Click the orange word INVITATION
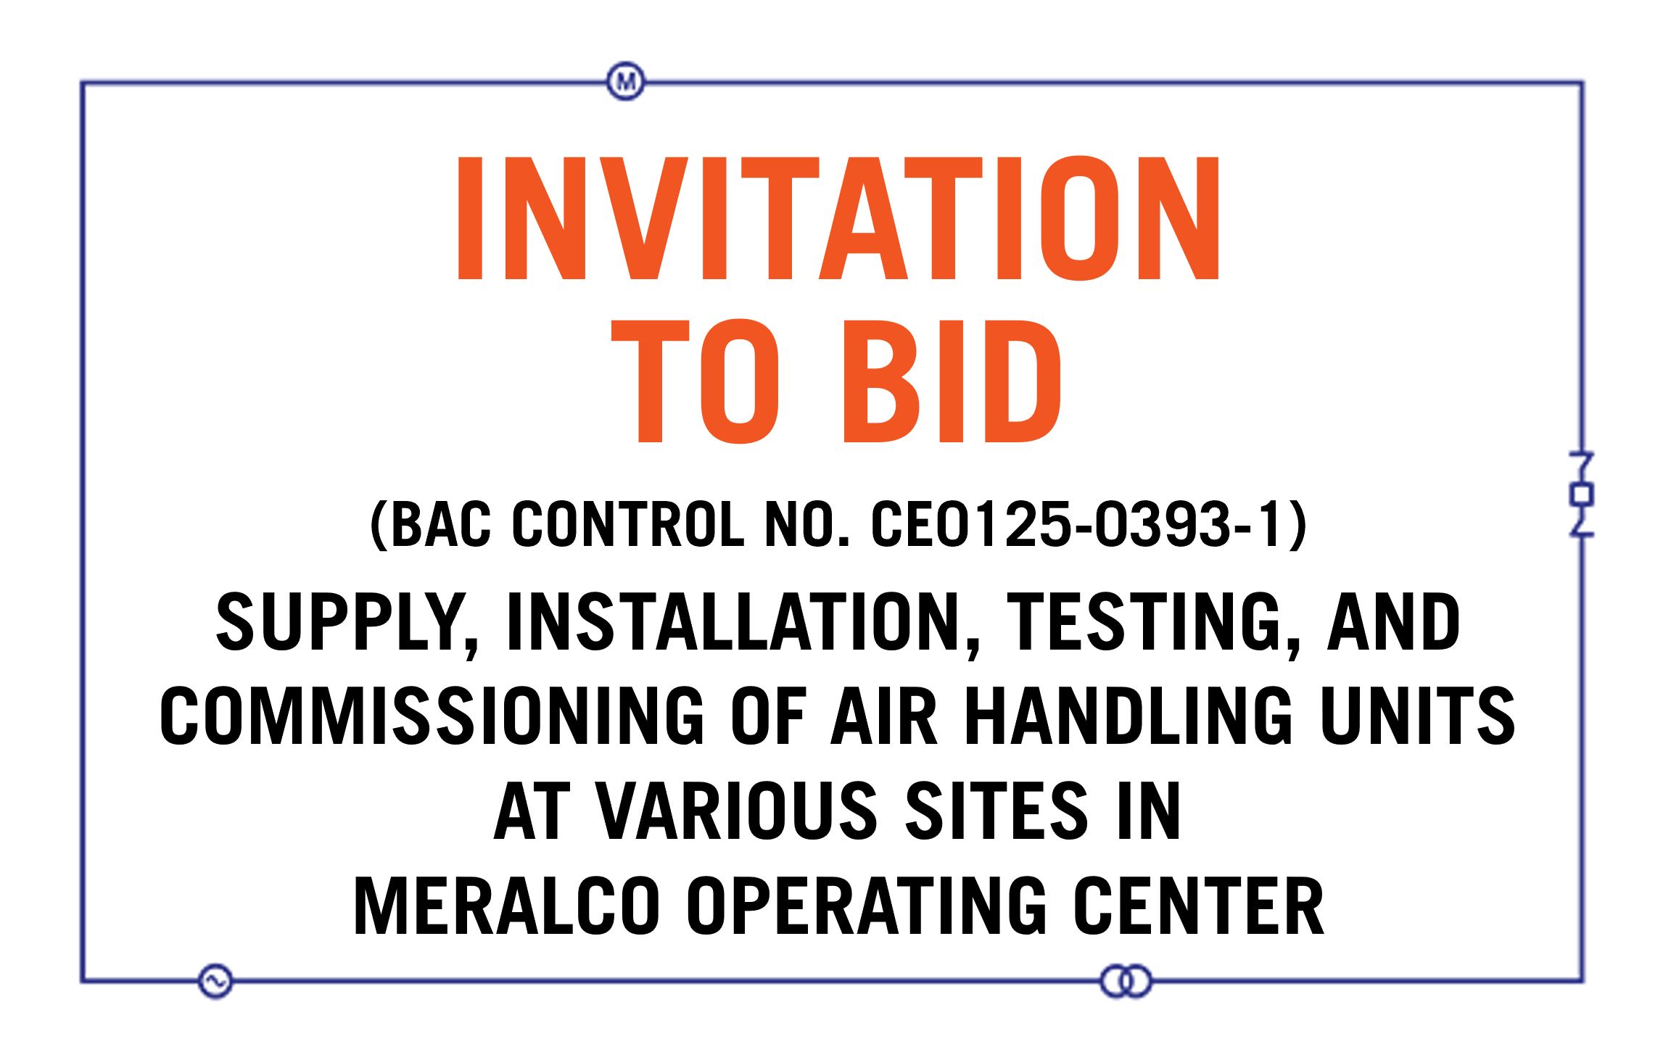838,218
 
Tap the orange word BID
951,381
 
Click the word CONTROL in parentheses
628,524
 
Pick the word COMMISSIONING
432,716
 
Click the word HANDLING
1129,716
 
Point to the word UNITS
1417,716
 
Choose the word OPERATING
867,906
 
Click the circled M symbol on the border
625,81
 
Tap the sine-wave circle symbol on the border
215,981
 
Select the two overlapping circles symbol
1126,981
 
